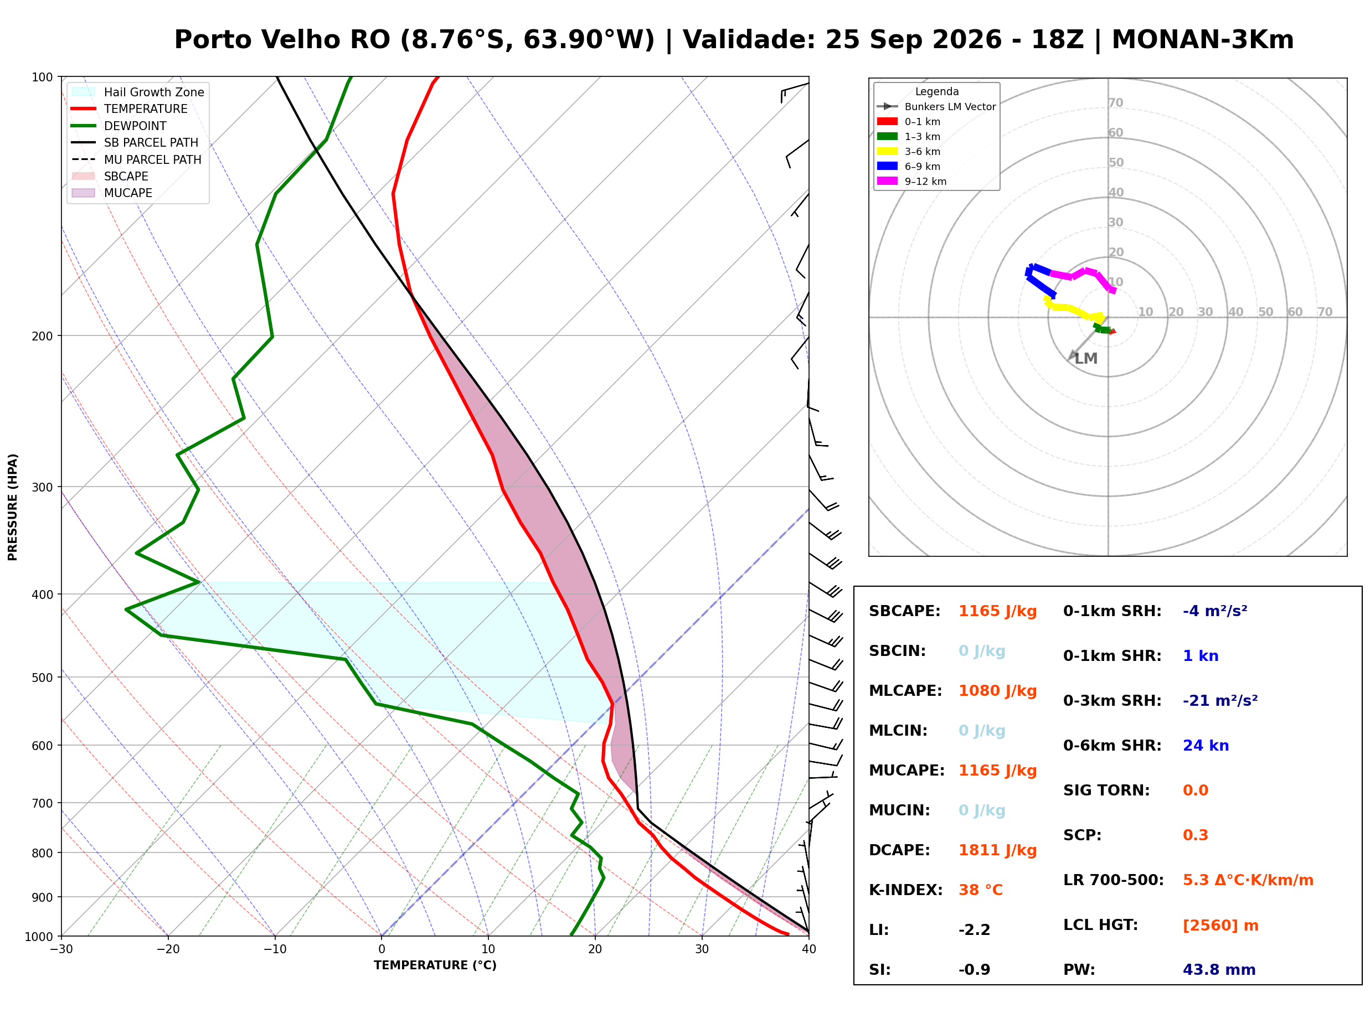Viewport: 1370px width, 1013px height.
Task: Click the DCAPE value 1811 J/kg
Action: (x=997, y=850)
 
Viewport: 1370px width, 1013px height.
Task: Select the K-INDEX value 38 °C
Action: (x=980, y=890)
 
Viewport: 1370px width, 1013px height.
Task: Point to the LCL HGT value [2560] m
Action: (x=1220, y=926)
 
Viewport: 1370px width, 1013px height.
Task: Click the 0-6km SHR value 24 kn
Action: (x=1206, y=746)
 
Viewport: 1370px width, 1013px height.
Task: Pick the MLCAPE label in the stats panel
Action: (x=905, y=691)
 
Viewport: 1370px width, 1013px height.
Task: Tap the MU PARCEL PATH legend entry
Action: (x=136, y=159)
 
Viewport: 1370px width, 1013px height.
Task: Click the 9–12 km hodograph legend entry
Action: (x=911, y=182)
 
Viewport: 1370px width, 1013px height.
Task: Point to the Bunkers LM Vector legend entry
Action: (x=936, y=107)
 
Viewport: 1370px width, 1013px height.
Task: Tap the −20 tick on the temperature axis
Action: (x=167, y=950)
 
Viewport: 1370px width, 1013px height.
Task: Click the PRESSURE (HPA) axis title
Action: (x=12, y=507)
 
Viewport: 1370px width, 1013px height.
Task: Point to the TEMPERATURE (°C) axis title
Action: (x=435, y=965)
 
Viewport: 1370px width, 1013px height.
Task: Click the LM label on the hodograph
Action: (x=1085, y=359)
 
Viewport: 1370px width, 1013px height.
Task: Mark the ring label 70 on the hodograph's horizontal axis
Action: (x=1325, y=312)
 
